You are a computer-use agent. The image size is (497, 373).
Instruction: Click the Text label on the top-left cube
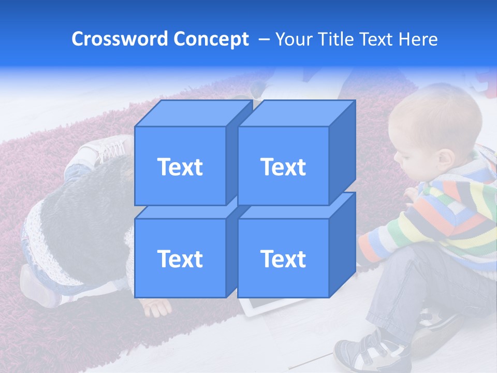[x=180, y=167]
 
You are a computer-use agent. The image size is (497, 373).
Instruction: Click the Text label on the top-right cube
[x=283, y=167]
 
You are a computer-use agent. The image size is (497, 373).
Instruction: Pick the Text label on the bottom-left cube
[x=180, y=259]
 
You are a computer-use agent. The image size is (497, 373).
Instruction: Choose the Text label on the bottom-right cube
[x=283, y=259]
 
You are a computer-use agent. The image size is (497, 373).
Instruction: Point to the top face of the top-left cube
[x=194, y=113]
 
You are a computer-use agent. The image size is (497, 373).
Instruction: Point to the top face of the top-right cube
[x=297, y=113]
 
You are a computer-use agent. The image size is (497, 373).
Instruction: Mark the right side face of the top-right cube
[x=342, y=150]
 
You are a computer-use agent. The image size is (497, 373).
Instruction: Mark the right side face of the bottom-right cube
[x=342, y=243]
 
